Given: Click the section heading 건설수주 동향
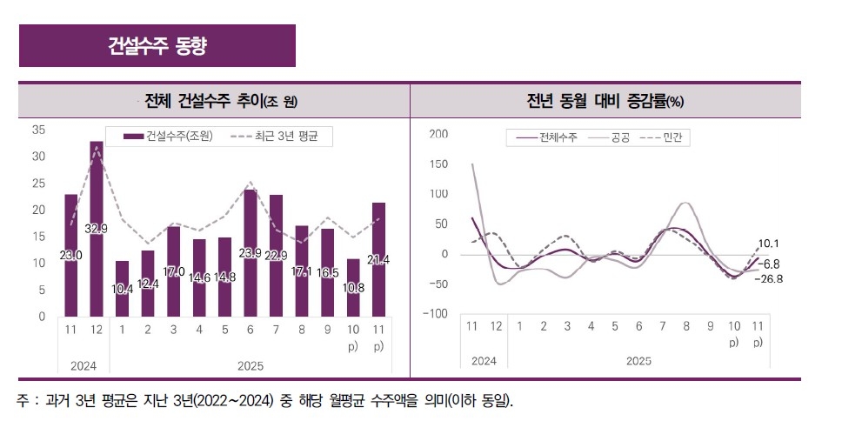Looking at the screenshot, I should point(157,45).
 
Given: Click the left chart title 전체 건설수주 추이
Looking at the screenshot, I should point(221,101).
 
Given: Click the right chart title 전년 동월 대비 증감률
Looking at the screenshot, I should point(605,101).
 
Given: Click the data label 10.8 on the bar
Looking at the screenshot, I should point(353,286).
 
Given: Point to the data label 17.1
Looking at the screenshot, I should point(301,271).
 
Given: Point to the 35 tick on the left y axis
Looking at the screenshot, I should point(38,130).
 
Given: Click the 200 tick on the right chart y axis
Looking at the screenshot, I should point(438,134).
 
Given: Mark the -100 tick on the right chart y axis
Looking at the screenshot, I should point(436,313).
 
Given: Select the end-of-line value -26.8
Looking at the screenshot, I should point(770,278).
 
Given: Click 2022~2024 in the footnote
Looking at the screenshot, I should point(234,401).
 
